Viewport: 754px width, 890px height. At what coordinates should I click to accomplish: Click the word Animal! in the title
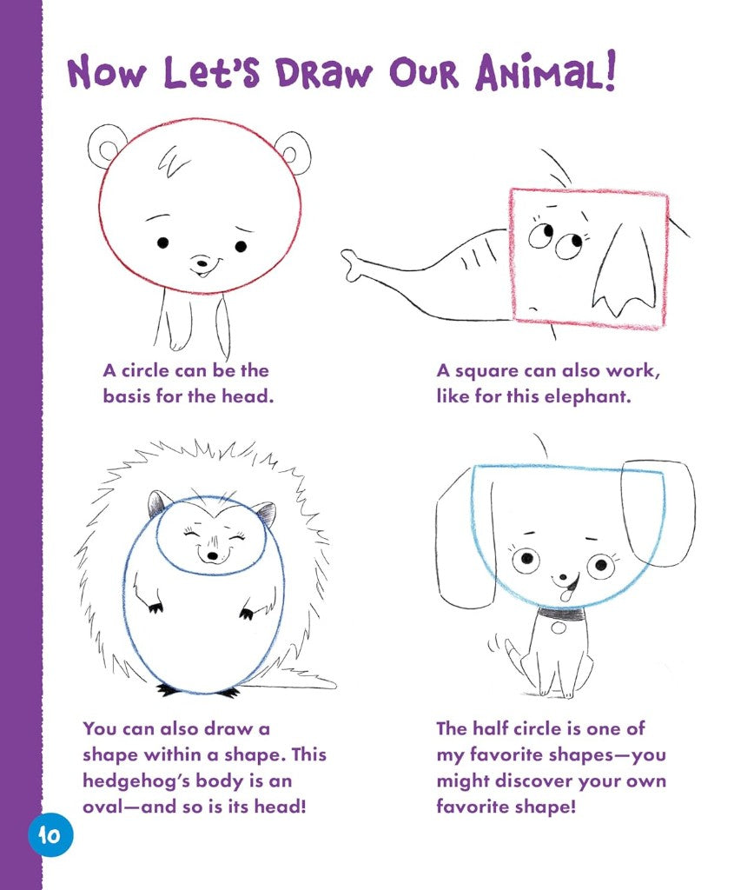coord(546,72)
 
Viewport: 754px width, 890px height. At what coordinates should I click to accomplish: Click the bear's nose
coord(202,262)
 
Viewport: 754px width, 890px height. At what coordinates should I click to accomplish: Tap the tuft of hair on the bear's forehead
coord(171,161)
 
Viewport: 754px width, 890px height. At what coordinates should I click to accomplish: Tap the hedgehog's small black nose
coord(212,555)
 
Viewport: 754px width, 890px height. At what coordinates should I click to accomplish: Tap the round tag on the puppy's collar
coord(559,628)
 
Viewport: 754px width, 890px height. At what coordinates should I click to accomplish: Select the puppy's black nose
coord(562,578)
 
